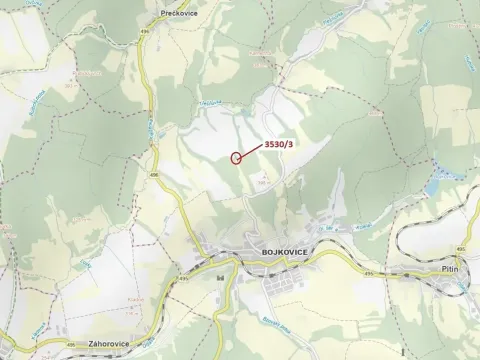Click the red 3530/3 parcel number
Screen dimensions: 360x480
(x=278, y=145)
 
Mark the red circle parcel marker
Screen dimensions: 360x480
(x=237, y=157)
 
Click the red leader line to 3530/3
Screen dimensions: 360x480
(x=253, y=150)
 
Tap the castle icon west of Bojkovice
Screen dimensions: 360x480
(x=219, y=275)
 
